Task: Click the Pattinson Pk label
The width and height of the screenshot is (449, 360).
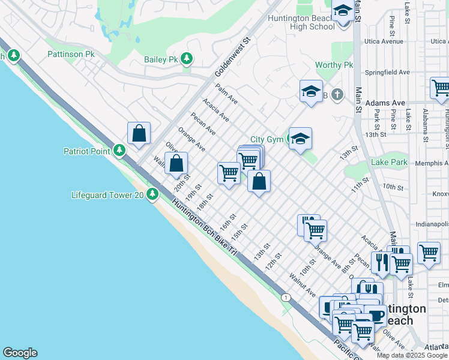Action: pyautogui.click(x=71, y=54)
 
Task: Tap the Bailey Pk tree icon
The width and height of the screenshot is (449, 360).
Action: pyautogui.click(x=188, y=59)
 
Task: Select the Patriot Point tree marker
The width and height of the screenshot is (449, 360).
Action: pyautogui.click(x=120, y=150)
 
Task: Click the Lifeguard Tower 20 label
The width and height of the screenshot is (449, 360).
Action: pyautogui.click(x=107, y=194)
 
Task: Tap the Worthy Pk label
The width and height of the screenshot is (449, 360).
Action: pyautogui.click(x=334, y=65)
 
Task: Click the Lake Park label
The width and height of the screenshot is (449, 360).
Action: pyautogui.click(x=389, y=162)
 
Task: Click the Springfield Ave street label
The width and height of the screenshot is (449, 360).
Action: pyautogui.click(x=388, y=72)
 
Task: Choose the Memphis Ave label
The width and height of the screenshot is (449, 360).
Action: pyautogui.click(x=427, y=163)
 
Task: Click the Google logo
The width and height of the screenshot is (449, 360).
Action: pyautogui.click(x=20, y=353)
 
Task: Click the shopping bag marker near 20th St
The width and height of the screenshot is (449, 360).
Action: pyautogui.click(x=176, y=163)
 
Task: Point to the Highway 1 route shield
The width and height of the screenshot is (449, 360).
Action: pyautogui.click(x=286, y=298)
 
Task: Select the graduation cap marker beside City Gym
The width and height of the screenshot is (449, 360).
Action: pyautogui.click(x=300, y=139)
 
